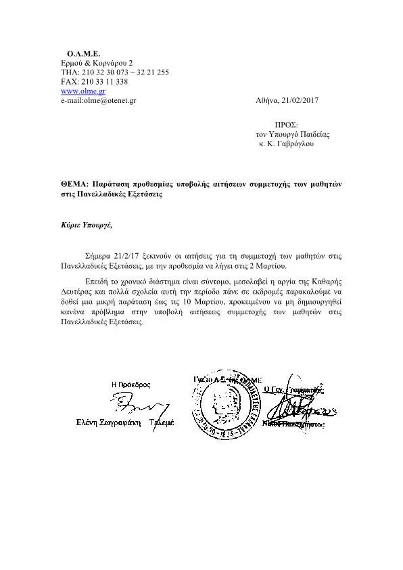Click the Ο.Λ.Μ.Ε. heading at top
[83, 52]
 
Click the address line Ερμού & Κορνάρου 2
[92, 62]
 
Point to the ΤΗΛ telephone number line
[114, 72]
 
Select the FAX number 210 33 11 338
[103, 81]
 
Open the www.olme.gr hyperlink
[82, 91]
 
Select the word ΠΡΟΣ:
[286, 125]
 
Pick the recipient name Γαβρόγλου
[295, 144]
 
